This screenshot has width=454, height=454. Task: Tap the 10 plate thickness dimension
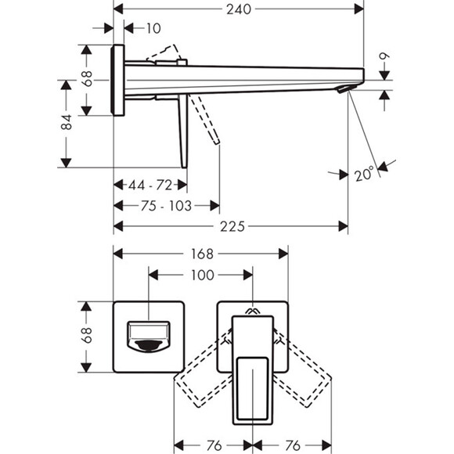click(153, 28)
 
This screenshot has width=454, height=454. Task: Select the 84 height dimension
click(67, 122)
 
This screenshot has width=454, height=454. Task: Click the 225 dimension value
click(232, 226)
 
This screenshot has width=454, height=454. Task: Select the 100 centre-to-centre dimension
click(202, 276)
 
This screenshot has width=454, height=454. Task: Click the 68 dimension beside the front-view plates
click(88, 335)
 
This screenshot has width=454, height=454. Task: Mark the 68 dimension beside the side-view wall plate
click(88, 79)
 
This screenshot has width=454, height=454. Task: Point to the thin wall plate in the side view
click(119, 80)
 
